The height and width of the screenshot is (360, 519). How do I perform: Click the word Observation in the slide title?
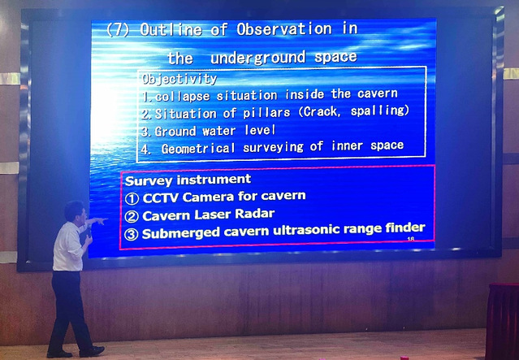pos(284,29)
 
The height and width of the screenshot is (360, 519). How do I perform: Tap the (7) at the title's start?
pos(118,30)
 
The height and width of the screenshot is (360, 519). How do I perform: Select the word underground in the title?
pos(257,59)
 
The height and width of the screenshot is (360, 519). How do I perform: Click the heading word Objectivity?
pos(179,79)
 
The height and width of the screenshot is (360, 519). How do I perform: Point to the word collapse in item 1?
pos(183,97)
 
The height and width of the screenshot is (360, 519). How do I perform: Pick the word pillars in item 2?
pos(266,113)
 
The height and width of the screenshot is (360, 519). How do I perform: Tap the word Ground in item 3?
pos(175,132)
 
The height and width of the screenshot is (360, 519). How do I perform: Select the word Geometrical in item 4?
pos(198,149)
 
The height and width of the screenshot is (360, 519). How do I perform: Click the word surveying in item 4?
pos(273,147)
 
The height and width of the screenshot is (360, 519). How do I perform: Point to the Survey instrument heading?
pos(188,180)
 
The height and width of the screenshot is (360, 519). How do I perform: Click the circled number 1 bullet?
pos(132,199)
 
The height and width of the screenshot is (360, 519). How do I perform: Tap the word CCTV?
pos(161,198)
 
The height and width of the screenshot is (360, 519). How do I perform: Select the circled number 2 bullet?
pos(132,217)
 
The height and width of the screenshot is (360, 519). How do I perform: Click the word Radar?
pos(254,214)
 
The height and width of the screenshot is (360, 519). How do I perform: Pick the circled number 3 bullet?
pos(131,235)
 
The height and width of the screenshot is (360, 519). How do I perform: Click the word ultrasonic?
pos(335,229)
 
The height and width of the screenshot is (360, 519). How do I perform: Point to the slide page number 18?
pos(411,239)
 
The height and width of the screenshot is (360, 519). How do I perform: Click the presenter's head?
pos(75,212)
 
